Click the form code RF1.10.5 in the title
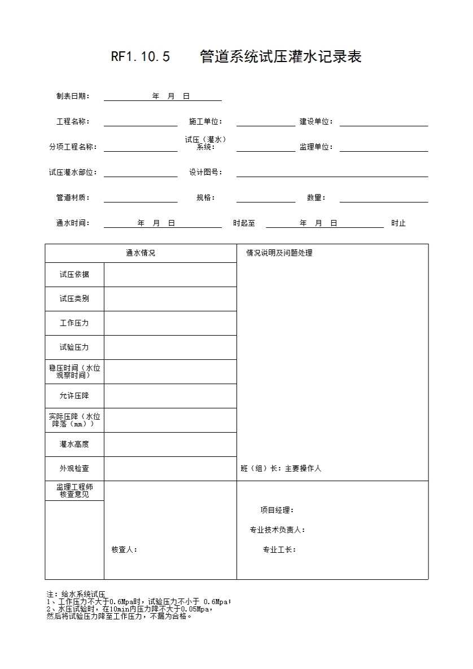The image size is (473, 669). tap(141, 57)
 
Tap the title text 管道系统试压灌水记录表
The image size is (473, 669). tap(281, 57)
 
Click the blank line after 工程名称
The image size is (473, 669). tap(141, 122)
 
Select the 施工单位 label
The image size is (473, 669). tap(205, 122)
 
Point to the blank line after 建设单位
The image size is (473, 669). tap(384, 122)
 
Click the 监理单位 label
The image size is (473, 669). tap(316, 147)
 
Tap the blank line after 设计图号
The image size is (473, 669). tap(332, 173)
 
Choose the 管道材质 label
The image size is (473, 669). tap(73, 198)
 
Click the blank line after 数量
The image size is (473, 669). tap(384, 198)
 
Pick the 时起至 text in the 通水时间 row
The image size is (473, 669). tap(244, 223)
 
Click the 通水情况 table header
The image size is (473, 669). tap(141, 253)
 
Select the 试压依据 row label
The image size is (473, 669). tap(75, 275)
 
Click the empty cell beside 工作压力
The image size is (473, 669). tap(170, 323)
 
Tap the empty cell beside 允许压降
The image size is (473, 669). tap(170, 396)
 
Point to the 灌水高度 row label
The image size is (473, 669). tap(75, 444)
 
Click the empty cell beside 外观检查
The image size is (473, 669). tap(170, 469)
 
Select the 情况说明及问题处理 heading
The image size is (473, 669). tap(279, 253)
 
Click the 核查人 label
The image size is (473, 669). tap(124, 549)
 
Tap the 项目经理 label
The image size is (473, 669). tap(277, 510)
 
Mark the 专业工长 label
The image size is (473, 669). tap(279, 549)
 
